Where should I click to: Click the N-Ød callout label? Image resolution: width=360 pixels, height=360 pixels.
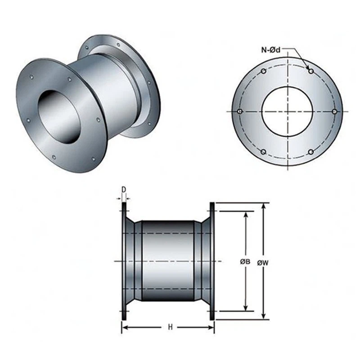click(271, 50)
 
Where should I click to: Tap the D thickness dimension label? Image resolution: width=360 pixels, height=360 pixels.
click(123, 189)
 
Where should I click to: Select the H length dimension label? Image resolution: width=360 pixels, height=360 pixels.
click(170, 327)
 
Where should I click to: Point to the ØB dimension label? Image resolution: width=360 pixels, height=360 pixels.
click(245, 261)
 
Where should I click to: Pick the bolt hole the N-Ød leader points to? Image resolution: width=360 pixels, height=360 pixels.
click(310, 71)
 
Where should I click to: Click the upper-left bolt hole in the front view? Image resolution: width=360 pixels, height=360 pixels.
click(264, 71)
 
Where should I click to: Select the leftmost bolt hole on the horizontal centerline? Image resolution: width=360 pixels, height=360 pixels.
click(240, 111)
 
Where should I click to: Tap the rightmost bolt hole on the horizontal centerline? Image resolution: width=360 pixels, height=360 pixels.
click(334, 111)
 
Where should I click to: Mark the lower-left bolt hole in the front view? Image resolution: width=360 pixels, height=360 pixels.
click(264, 152)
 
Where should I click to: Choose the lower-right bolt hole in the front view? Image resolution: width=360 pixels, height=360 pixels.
click(310, 152)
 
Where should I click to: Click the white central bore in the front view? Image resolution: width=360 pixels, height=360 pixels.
click(287, 111)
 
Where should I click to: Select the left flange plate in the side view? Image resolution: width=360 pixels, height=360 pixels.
click(124, 261)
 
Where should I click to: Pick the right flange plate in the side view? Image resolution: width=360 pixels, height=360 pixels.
click(212, 261)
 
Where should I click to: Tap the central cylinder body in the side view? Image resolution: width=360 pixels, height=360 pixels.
click(168, 261)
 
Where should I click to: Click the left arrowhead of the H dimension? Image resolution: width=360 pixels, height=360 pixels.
click(124, 327)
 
